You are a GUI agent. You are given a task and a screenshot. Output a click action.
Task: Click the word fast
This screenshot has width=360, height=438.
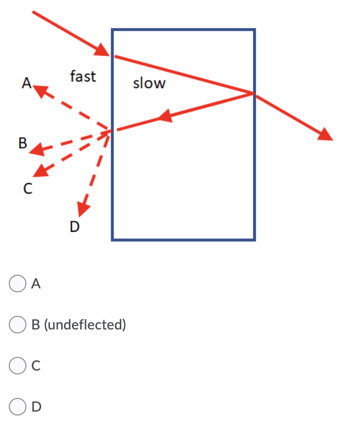[83, 76]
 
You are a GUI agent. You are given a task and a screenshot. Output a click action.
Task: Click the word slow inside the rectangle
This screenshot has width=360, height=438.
[149, 84]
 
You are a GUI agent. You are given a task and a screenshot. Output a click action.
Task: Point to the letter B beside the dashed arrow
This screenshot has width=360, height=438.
[22, 143]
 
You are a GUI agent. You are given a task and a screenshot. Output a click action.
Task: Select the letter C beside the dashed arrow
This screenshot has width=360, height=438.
[28, 188]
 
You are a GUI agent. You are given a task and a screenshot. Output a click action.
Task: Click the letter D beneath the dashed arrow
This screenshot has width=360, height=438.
[74, 226]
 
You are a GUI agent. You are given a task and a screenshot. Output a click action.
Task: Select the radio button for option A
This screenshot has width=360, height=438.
[17, 284]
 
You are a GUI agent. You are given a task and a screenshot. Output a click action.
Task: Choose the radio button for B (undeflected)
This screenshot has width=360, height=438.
[17, 324]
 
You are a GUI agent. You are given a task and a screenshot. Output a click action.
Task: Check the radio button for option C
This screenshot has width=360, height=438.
[17, 365]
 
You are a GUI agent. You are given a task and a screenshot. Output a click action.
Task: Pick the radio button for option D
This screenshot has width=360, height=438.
[17, 406]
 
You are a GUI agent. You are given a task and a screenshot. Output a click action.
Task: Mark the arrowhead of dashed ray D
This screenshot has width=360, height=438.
[82, 207]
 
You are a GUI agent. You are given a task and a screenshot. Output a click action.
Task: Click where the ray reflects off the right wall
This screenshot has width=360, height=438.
[253, 93]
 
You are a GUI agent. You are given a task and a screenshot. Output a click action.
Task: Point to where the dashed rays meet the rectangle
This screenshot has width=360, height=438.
[112, 130]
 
